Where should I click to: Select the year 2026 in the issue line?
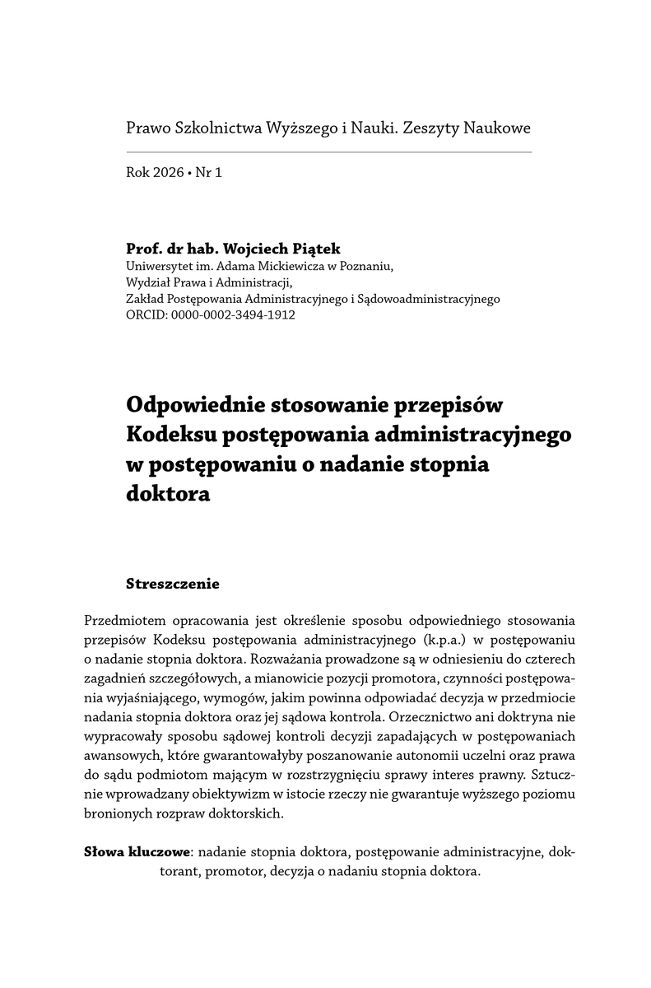[x=169, y=173]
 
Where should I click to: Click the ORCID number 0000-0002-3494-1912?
[x=233, y=314]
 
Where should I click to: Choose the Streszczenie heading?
[x=173, y=585]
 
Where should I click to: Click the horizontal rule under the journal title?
[x=329, y=152]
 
